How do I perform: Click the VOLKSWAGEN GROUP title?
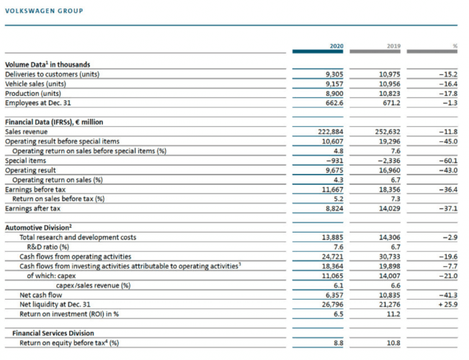coord(44,11)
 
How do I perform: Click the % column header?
coord(455,46)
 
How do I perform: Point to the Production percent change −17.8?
coord(447,93)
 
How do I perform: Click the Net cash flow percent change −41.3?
coord(447,294)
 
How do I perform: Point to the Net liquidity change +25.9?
coord(445,304)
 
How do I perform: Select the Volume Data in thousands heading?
coord(45,65)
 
